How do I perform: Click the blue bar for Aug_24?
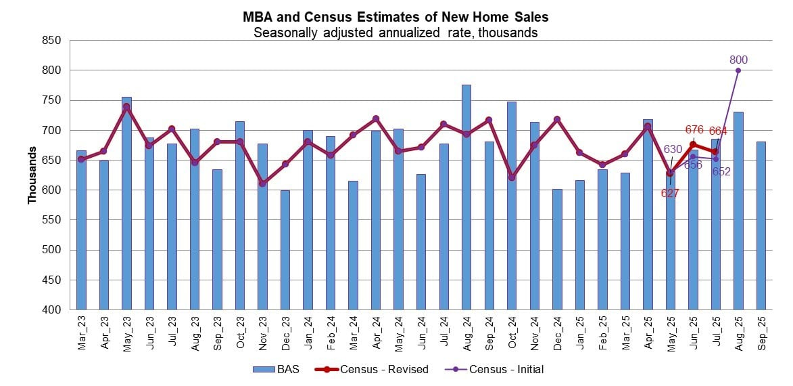point(466,197)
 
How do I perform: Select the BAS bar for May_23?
point(126,203)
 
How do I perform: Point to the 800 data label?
point(738,60)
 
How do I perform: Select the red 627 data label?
point(669,194)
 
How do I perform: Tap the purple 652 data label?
point(721,172)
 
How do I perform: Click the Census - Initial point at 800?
point(738,70)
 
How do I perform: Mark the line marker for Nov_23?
point(263,184)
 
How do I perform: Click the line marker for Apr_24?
point(376,119)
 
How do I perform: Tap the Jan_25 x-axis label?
point(580,331)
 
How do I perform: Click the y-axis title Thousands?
point(32,175)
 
